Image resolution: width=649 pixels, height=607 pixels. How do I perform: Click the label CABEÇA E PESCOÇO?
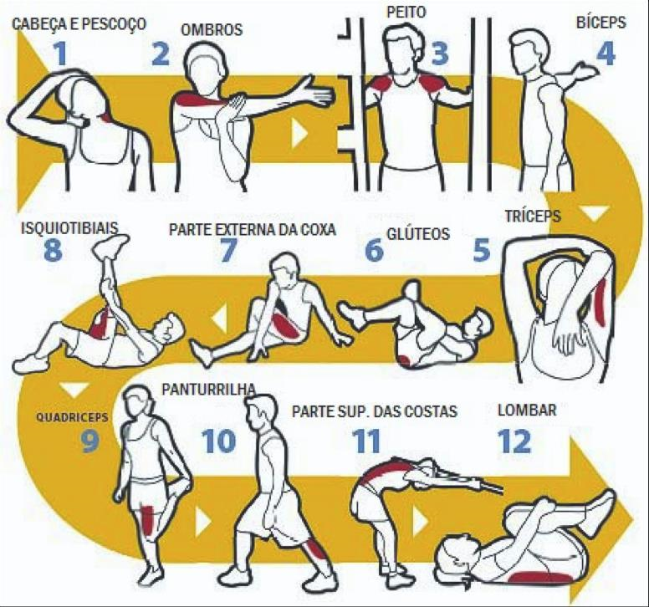(x=79, y=24)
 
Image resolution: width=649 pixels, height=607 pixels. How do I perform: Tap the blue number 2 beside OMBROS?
(x=161, y=54)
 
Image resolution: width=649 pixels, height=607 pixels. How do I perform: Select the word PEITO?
(x=406, y=12)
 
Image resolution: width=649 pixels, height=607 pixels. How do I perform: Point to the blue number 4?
(x=606, y=54)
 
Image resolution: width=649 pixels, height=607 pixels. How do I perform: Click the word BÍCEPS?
(x=601, y=22)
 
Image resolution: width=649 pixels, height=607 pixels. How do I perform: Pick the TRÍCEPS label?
(x=533, y=216)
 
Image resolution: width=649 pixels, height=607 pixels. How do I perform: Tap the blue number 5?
(x=482, y=249)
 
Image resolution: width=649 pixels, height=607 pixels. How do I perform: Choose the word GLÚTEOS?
(x=418, y=234)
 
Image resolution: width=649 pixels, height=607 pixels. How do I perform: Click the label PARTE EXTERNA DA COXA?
(x=253, y=229)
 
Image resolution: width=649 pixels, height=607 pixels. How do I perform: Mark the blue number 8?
(x=53, y=249)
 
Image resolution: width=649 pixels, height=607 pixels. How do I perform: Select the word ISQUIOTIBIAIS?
(x=69, y=227)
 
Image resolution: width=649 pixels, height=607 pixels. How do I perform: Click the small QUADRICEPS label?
(x=72, y=416)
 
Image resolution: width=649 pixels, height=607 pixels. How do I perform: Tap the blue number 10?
(x=218, y=441)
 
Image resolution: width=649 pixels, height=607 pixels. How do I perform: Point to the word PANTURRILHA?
(x=209, y=390)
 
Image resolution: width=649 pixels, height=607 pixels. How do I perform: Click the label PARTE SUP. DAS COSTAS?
(x=375, y=411)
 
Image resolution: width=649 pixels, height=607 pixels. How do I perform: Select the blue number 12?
(x=514, y=441)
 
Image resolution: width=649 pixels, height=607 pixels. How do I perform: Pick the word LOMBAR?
(x=527, y=410)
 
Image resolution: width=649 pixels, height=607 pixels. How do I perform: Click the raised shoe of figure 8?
(x=111, y=245)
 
